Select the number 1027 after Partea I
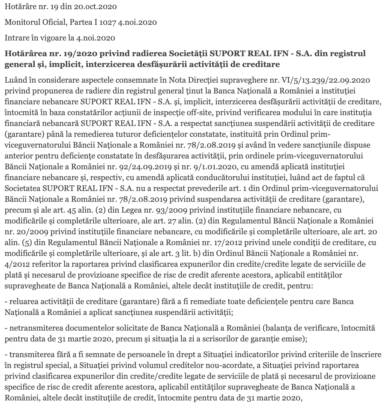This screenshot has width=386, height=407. (108, 22)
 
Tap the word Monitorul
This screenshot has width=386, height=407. (19, 22)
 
